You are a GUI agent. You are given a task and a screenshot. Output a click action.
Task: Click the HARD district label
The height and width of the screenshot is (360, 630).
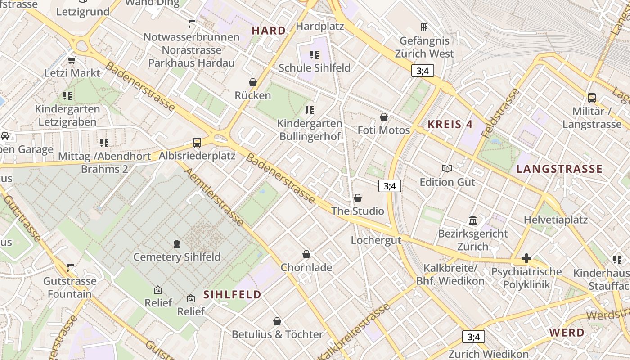coord(269,31)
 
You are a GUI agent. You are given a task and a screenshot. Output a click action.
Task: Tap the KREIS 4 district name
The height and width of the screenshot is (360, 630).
coord(450,125)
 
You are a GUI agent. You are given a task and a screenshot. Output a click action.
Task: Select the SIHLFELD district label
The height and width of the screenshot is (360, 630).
coord(232,295)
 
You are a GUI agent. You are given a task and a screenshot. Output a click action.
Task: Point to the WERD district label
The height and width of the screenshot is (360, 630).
coord(567,333)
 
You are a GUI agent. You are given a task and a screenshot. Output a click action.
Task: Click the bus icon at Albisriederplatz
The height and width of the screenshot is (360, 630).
coord(197,143)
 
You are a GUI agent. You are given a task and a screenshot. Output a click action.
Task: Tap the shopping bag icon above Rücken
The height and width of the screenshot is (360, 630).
coord(253,82)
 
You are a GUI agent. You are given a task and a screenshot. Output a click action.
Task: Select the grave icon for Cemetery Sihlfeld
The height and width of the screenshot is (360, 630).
coord(177,244)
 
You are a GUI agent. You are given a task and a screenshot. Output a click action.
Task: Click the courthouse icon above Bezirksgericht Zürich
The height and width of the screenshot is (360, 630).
coord(473,220)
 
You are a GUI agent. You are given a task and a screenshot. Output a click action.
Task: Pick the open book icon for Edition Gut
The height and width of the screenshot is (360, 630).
coord(447,169)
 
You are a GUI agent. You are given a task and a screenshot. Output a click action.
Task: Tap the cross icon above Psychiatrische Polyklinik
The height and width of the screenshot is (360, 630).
coord(526,258)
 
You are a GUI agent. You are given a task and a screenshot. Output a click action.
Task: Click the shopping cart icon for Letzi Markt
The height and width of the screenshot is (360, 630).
coord(72,60)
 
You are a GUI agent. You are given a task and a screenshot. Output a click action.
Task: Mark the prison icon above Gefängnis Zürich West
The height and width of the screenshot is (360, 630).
coord(424,27)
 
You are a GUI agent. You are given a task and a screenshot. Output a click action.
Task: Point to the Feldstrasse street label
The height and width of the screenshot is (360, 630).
coord(500,113)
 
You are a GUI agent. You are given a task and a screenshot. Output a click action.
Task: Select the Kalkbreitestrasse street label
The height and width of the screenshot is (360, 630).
coord(354,332)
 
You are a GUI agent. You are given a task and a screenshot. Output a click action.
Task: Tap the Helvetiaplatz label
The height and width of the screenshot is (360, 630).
coord(556,220)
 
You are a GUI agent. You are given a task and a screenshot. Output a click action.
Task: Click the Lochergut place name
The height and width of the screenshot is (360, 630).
coord(376,240)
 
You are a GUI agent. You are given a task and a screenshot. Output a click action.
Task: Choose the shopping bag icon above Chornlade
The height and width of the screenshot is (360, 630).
coord(306,254)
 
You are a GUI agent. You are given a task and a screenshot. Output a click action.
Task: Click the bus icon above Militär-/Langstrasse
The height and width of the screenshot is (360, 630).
coord(592,98)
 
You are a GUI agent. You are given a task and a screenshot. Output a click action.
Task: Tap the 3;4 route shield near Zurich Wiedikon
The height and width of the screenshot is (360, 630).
coord(473,337)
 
